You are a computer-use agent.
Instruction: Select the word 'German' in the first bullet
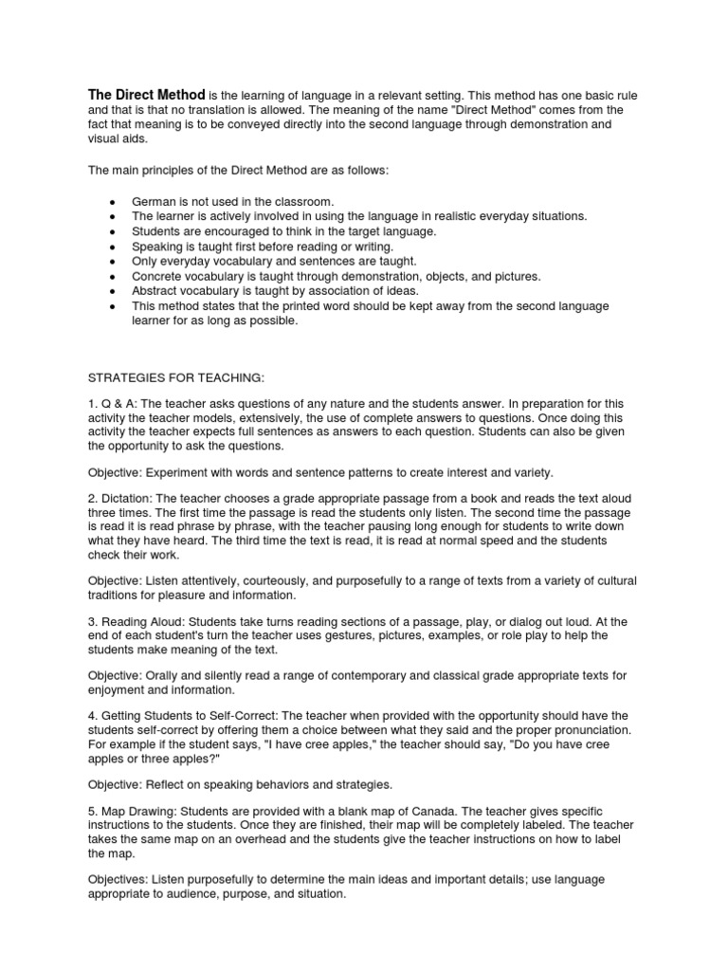coord(153,202)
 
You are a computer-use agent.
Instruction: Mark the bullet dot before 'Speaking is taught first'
coord(113,246)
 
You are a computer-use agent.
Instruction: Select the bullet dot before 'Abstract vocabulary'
coord(113,291)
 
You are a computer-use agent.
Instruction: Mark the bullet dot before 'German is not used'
coord(113,202)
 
